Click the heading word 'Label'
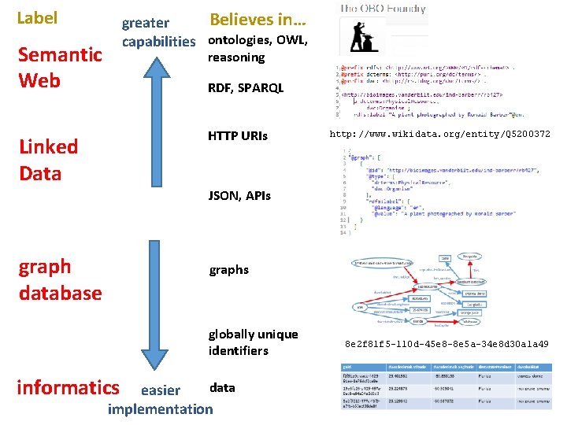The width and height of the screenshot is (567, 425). pos(37,17)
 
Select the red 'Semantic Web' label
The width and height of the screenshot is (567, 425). pos(60,67)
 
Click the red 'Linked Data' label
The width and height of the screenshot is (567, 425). pos(48,159)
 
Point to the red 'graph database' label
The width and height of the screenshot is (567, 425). pos(60,279)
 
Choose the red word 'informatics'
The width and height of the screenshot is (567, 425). pos(67,386)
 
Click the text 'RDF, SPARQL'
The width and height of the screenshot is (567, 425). pos(245,89)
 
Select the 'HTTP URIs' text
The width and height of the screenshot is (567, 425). pos(238,136)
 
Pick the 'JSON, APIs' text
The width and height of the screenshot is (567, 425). pos(239,195)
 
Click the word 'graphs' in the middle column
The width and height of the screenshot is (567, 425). pos(228,270)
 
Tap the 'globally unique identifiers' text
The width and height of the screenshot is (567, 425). pos(253,342)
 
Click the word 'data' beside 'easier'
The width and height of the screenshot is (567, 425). pos(222,387)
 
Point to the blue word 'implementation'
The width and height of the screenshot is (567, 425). pos(160,408)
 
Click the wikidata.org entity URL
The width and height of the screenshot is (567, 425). pos(439,135)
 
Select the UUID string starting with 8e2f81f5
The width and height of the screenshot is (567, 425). pos(447,344)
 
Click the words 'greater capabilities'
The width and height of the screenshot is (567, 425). pos(157,32)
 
